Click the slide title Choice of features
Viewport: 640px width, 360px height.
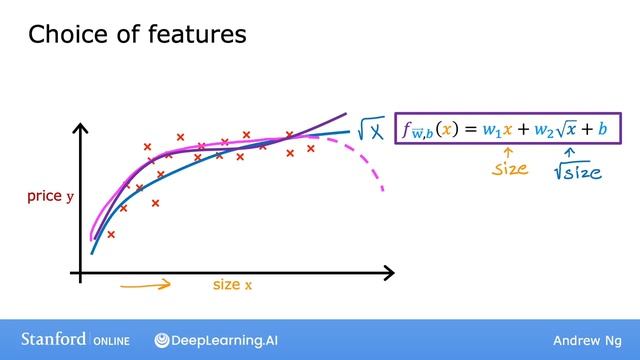click(137, 36)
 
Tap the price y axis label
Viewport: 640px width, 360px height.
click(51, 198)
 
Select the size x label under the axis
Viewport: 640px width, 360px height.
click(232, 285)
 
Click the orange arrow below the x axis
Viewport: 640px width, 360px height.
click(145, 284)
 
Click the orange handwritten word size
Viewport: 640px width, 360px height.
click(510, 169)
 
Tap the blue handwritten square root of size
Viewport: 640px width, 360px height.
click(578, 171)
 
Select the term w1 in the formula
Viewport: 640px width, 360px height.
click(491, 131)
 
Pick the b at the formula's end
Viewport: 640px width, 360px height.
click(603, 130)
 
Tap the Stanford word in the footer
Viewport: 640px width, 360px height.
click(53, 340)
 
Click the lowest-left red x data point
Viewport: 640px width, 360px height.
click(111, 235)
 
